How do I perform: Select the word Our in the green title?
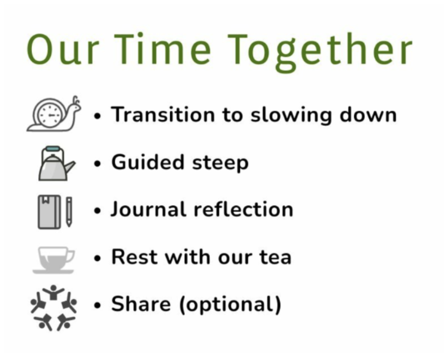[x=63, y=49]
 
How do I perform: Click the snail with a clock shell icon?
[x=54, y=114]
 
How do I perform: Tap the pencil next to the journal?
[x=69, y=212]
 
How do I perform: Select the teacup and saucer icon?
[x=54, y=260]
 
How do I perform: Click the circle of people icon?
[x=53, y=308]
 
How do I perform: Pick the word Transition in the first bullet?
[x=163, y=115]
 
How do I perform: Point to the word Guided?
[x=148, y=162]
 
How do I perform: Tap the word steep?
[x=220, y=164]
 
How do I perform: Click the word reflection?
[x=243, y=209]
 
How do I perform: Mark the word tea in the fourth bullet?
[x=275, y=258]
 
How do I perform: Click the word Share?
[x=141, y=304]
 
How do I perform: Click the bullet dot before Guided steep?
[x=98, y=164]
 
